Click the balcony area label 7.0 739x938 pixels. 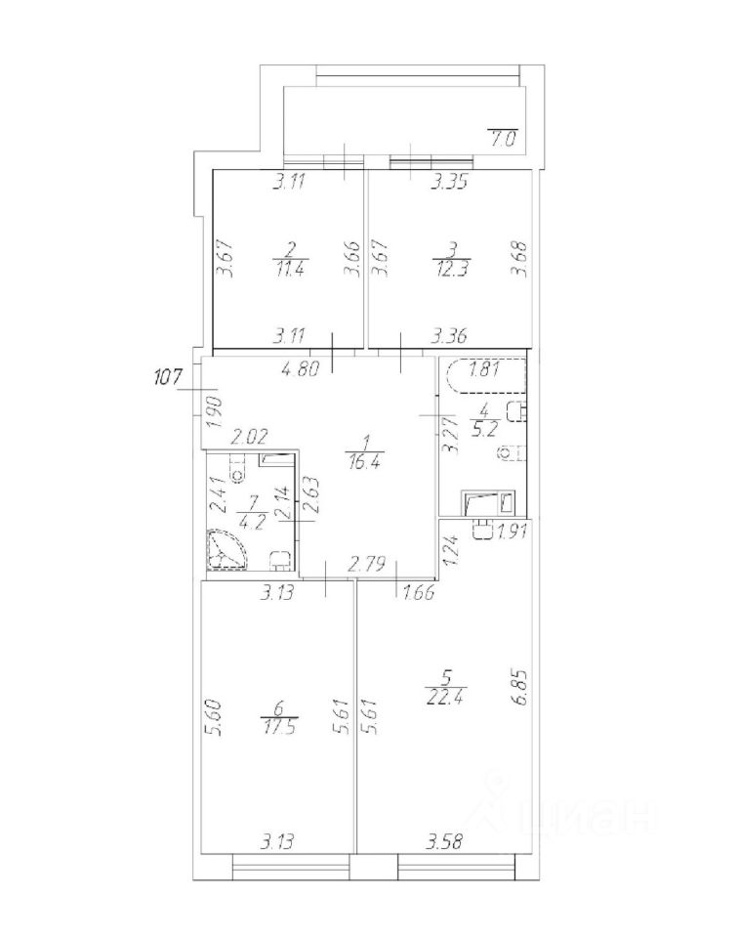point(503,138)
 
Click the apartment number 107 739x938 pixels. point(170,376)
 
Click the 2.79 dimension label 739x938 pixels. point(367,565)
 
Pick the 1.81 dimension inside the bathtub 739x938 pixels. point(485,370)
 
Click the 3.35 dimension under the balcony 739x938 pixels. point(451,181)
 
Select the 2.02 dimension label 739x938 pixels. point(249,440)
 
